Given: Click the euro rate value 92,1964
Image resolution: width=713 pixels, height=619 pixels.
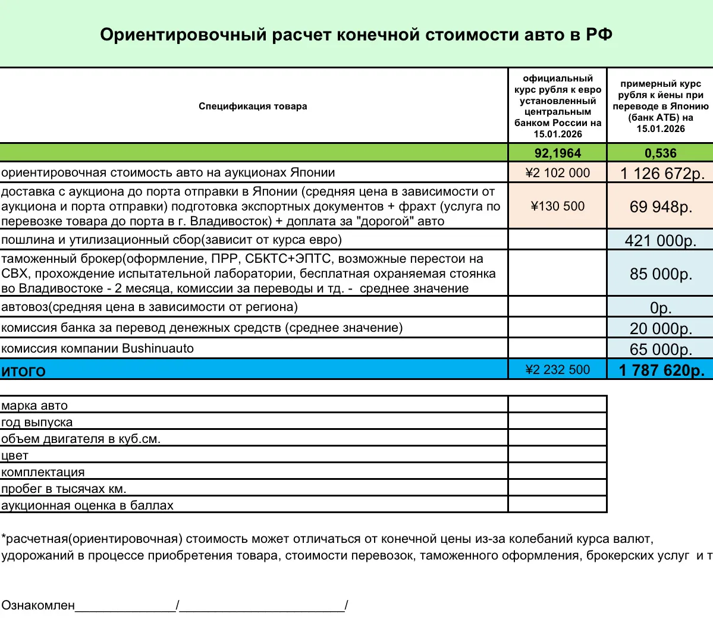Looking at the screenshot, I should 557,153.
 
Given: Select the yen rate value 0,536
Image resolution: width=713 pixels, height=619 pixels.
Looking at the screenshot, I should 660,153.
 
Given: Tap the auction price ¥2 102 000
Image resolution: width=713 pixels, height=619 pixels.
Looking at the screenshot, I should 557,173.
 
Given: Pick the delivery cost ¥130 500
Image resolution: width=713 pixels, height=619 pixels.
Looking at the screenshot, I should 557,206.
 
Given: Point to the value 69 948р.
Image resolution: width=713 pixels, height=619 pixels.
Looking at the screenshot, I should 661,207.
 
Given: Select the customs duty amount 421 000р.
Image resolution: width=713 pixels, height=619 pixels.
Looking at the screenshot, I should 660,240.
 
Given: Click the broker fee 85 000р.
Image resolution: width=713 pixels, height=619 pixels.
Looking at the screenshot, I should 661,274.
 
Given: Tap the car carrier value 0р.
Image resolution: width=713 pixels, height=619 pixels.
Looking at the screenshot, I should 660,308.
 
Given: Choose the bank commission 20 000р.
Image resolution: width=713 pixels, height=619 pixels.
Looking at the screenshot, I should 661,329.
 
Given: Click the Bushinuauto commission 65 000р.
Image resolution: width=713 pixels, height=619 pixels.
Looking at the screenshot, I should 661,349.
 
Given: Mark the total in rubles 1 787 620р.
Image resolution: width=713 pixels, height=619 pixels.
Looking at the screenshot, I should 661,370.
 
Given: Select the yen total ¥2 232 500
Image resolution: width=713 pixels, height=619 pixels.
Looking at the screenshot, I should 557,370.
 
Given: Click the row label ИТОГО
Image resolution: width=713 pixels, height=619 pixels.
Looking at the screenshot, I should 23,371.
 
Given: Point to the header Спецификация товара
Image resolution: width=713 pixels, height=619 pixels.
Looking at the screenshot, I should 253,106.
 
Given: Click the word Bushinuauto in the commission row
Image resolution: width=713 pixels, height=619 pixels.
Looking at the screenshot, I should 158,348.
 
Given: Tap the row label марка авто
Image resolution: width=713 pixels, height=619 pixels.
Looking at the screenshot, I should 34,406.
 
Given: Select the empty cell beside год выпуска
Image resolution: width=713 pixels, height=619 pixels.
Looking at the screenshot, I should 557,422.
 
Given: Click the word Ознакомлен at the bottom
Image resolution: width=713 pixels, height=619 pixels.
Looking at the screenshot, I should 38,606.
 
